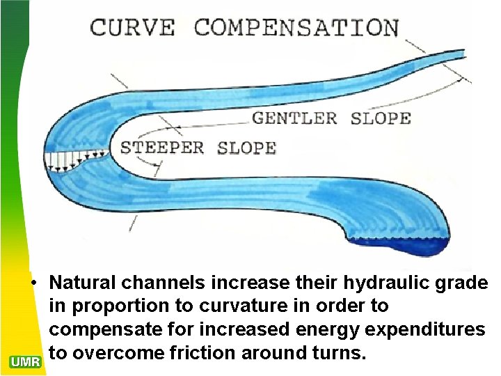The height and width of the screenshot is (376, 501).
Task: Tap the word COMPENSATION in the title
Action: click(296, 29)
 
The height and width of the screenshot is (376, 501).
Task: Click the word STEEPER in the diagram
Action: click(162, 148)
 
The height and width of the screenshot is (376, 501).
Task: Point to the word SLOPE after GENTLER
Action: click(381, 118)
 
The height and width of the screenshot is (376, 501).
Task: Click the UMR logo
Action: click(26, 361)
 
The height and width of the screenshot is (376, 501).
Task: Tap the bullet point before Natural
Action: click(33, 283)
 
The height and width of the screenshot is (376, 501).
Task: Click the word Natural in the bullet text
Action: click(83, 283)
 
